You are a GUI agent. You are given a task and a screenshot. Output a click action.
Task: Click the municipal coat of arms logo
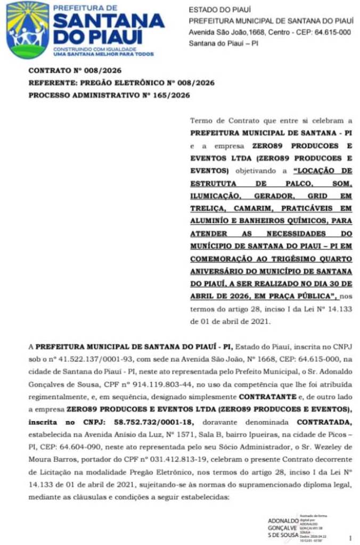coord(28,30)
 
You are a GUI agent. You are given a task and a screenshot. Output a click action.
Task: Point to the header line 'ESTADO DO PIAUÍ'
coord(220,10)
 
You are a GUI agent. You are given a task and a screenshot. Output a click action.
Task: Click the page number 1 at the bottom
coord(350,538)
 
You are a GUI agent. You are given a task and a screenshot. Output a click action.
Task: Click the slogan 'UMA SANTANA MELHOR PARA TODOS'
coord(104,54)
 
